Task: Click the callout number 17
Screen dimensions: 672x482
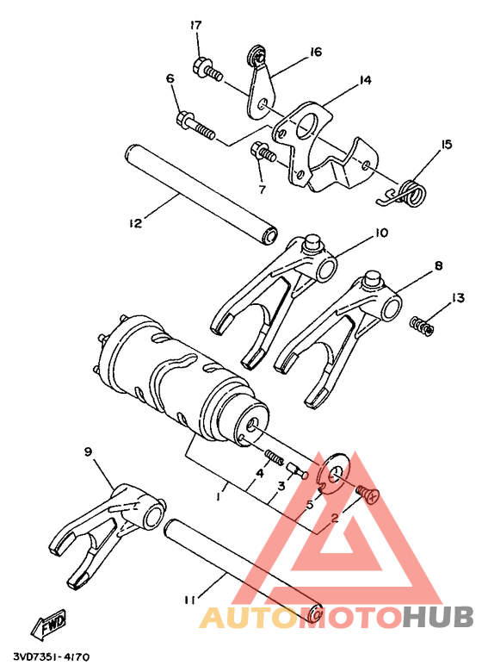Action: click(195, 24)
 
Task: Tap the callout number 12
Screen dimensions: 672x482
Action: click(134, 223)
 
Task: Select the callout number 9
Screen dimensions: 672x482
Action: click(88, 451)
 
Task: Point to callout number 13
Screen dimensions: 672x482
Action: click(458, 297)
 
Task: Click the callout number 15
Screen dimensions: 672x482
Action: click(446, 144)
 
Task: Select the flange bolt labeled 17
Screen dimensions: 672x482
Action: click(208, 71)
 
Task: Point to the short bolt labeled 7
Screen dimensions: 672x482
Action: click(262, 153)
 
